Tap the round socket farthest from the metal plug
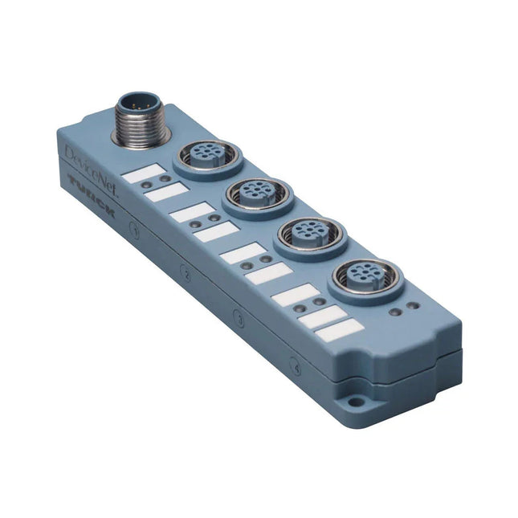(x=365, y=277)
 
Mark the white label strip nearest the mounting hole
(x=337, y=329)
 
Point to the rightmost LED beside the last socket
(x=413, y=307)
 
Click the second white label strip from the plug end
(x=168, y=193)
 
